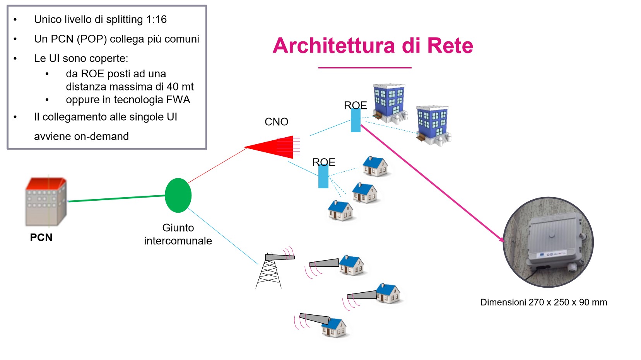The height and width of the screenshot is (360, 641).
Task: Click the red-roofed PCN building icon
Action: pos(46,201)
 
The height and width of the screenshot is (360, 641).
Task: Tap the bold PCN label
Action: pos(41,237)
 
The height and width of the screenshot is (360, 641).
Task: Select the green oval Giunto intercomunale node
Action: pos(178,195)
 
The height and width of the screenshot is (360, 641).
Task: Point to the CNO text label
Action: pos(276,122)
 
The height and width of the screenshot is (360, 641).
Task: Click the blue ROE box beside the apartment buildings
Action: pos(356,121)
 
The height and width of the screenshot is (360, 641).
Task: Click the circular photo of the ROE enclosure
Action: pos(548,242)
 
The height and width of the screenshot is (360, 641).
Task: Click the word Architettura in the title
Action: pos(334,46)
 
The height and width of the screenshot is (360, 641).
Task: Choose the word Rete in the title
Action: pos(450,46)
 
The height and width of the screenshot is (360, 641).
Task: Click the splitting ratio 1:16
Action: pos(156,19)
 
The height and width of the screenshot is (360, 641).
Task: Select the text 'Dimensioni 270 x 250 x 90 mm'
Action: pos(544,302)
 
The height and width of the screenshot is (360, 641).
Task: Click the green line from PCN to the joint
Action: pos(116,199)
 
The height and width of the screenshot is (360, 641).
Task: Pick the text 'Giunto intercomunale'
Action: pos(178,234)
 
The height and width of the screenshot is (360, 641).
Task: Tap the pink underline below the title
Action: pos(364,68)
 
